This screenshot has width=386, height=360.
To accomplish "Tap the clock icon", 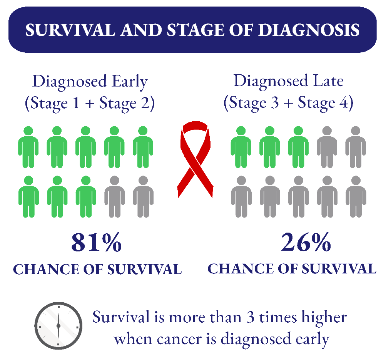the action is tap(58, 325).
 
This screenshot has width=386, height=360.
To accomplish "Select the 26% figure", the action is tap(306, 242).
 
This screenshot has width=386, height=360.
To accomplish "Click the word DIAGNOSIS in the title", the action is tap(309, 30).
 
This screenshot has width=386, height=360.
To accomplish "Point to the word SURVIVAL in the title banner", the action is tap(70, 30).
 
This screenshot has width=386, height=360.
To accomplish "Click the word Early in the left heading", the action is tap(130, 82).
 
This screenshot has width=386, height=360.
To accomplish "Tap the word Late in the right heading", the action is tap(328, 81).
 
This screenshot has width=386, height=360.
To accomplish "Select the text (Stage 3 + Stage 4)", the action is tap(288, 103).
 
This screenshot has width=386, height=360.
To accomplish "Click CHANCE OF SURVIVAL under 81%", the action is tap(97, 269).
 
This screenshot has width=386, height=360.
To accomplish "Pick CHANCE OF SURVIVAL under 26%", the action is tap(292, 269).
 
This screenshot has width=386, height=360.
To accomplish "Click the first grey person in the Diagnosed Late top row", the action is tap(327, 147).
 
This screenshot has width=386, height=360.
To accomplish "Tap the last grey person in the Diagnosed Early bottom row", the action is tap(143, 197).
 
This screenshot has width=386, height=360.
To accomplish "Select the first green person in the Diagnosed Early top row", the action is tap(28, 147).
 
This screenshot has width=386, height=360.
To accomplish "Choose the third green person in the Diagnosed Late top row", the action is tap(298, 147).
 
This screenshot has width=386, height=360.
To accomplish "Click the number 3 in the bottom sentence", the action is tap(251, 317).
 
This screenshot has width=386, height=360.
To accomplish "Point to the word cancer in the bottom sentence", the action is tap(179, 340).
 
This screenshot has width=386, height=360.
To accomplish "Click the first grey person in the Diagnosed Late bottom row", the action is tap(241, 197).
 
